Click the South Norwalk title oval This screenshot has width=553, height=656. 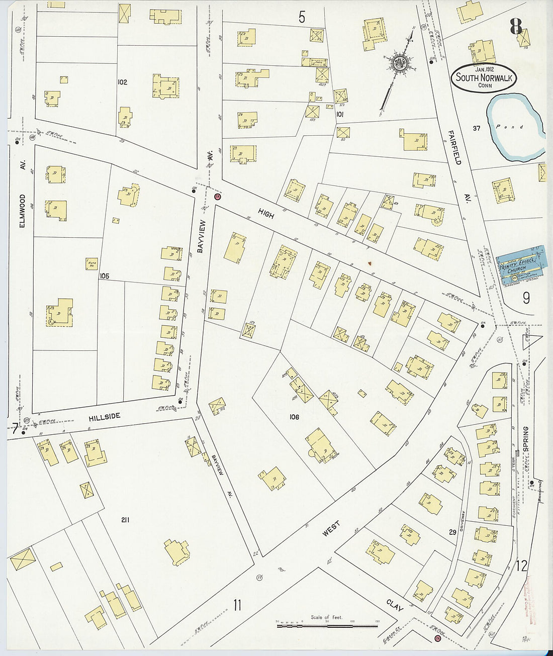click(484, 78)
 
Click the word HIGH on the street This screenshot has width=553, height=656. click(266, 214)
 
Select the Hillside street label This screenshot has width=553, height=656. click(105, 417)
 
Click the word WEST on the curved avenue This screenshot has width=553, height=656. click(331, 529)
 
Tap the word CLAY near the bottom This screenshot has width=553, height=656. click(395, 606)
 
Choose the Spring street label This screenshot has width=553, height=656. click(526, 439)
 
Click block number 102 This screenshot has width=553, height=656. click(122, 82)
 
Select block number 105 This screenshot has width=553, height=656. click(104, 276)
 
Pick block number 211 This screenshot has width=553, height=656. click(125, 520)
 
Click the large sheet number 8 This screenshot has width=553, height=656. click(516, 27)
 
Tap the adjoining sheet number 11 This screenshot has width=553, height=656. click(237, 605)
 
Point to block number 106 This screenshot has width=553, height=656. click(294, 417)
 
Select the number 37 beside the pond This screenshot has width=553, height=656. click(476, 128)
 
